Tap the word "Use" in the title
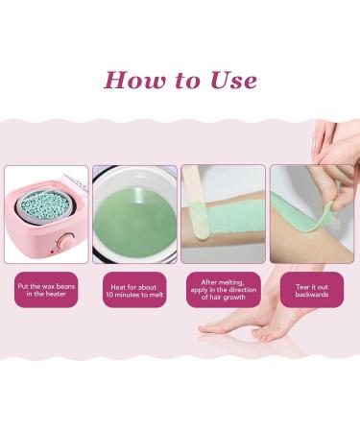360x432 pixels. coord(230,80)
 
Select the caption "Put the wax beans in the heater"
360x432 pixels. coord(46,289)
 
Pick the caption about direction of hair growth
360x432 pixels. coord(222,289)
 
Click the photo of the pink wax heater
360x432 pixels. coord(46,214)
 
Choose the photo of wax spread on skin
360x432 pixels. coord(222,214)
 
